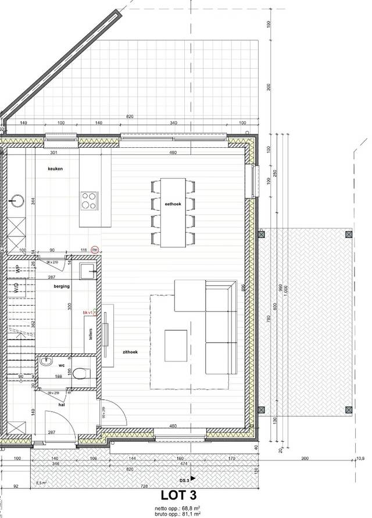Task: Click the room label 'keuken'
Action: tap(55, 169)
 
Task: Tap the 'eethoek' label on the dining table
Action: tap(173, 204)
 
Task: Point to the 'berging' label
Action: tap(61, 286)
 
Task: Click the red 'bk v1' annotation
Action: tap(88, 313)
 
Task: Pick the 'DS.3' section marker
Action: tap(184, 480)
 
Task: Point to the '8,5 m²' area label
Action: tap(41, 482)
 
